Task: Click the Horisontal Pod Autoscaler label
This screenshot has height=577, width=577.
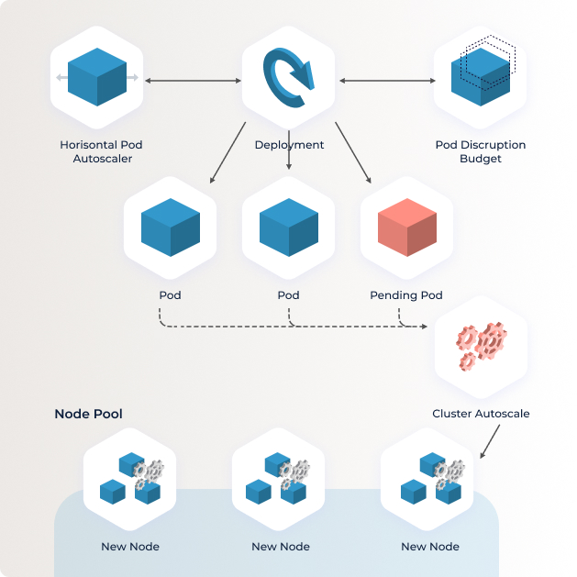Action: (101, 151)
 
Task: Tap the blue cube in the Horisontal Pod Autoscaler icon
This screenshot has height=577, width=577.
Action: (97, 77)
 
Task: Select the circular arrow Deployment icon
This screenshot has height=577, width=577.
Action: (289, 78)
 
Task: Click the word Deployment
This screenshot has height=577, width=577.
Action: (289, 145)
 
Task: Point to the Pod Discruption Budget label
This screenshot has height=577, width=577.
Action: (481, 151)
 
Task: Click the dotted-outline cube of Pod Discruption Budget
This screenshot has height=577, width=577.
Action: (490, 61)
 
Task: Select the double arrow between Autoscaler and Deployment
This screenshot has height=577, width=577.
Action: (193, 81)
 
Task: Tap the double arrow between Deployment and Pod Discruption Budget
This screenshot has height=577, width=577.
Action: (387, 81)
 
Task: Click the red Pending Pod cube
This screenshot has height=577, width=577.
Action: (407, 227)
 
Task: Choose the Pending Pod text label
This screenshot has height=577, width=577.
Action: (406, 295)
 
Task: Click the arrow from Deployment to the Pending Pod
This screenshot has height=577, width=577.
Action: (353, 152)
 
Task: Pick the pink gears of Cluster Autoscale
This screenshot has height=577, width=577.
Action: (482, 346)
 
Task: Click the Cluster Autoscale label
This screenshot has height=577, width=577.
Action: (481, 414)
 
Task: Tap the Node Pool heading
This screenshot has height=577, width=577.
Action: (88, 414)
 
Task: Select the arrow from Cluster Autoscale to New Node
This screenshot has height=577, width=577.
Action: (490, 441)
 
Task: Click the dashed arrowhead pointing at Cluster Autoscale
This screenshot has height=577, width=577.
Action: (425, 327)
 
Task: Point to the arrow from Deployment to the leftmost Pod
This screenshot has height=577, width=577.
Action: (227, 152)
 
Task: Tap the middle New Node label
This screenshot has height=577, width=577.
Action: (281, 547)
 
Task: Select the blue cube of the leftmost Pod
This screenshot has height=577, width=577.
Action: (171, 227)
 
